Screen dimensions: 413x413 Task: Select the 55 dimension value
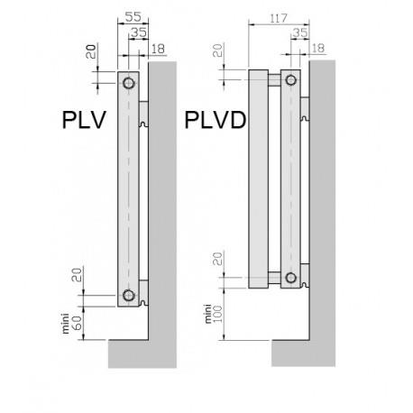[132, 16]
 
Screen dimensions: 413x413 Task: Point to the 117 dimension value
[267, 16]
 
